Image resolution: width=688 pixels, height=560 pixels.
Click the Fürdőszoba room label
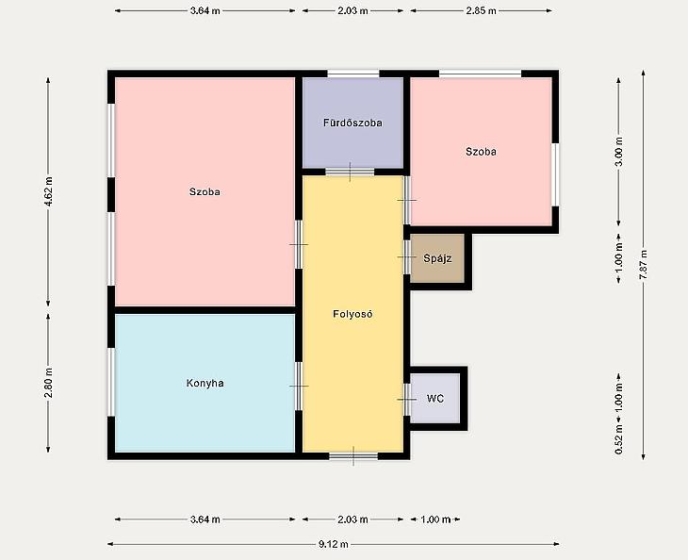[352, 123]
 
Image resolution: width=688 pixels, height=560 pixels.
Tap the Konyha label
[205, 383]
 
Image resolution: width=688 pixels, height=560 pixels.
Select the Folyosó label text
[352, 314]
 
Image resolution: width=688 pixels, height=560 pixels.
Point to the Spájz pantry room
[437, 258]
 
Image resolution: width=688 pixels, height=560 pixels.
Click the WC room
[434, 399]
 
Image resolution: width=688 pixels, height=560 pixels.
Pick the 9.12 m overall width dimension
[334, 544]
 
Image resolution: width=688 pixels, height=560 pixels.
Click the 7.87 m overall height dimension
[644, 265]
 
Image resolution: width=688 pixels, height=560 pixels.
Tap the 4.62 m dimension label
[48, 191]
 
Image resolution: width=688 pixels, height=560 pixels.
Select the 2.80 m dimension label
[48, 383]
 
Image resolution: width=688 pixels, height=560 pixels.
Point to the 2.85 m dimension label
[481, 11]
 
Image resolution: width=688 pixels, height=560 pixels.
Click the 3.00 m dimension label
[618, 152]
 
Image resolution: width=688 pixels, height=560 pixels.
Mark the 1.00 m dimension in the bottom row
[435, 519]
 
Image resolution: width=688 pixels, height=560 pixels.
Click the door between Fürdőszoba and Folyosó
[350, 172]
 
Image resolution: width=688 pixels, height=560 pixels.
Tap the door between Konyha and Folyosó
[299, 387]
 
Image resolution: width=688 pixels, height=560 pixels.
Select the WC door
[407, 400]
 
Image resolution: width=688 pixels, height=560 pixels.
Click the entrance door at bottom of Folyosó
[353, 456]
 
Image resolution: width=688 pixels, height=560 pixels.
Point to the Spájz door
[407, 256]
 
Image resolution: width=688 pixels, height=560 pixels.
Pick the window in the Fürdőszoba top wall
[353, 74]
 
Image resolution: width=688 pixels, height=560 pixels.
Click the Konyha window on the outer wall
[111, 382]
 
